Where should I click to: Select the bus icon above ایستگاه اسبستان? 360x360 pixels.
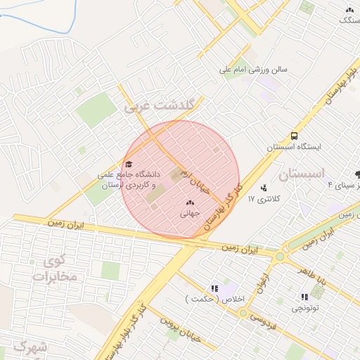pos(293,136)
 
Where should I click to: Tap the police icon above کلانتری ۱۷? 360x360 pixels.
pos(263,188)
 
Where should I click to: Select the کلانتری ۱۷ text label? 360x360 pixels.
pos(264,200)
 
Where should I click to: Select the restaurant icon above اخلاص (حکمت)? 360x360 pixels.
pos(214,288)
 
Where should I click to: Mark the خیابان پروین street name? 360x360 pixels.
pos(181,329)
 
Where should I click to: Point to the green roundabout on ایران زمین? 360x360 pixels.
pos(280,256)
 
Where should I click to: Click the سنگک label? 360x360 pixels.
pos(349,20)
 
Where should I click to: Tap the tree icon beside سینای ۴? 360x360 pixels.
pos(358,174)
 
